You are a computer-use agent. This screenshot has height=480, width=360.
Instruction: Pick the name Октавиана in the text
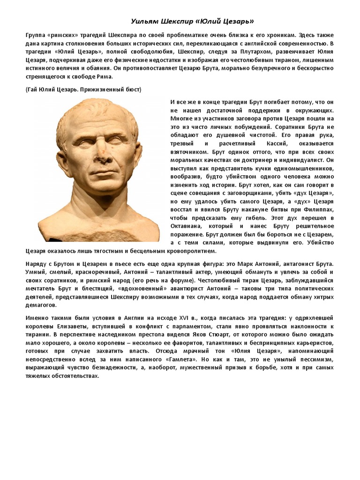point(187,226)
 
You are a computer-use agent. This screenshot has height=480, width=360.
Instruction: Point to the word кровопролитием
point(185,252)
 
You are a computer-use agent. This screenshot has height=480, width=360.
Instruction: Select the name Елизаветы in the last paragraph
point(70,327)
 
